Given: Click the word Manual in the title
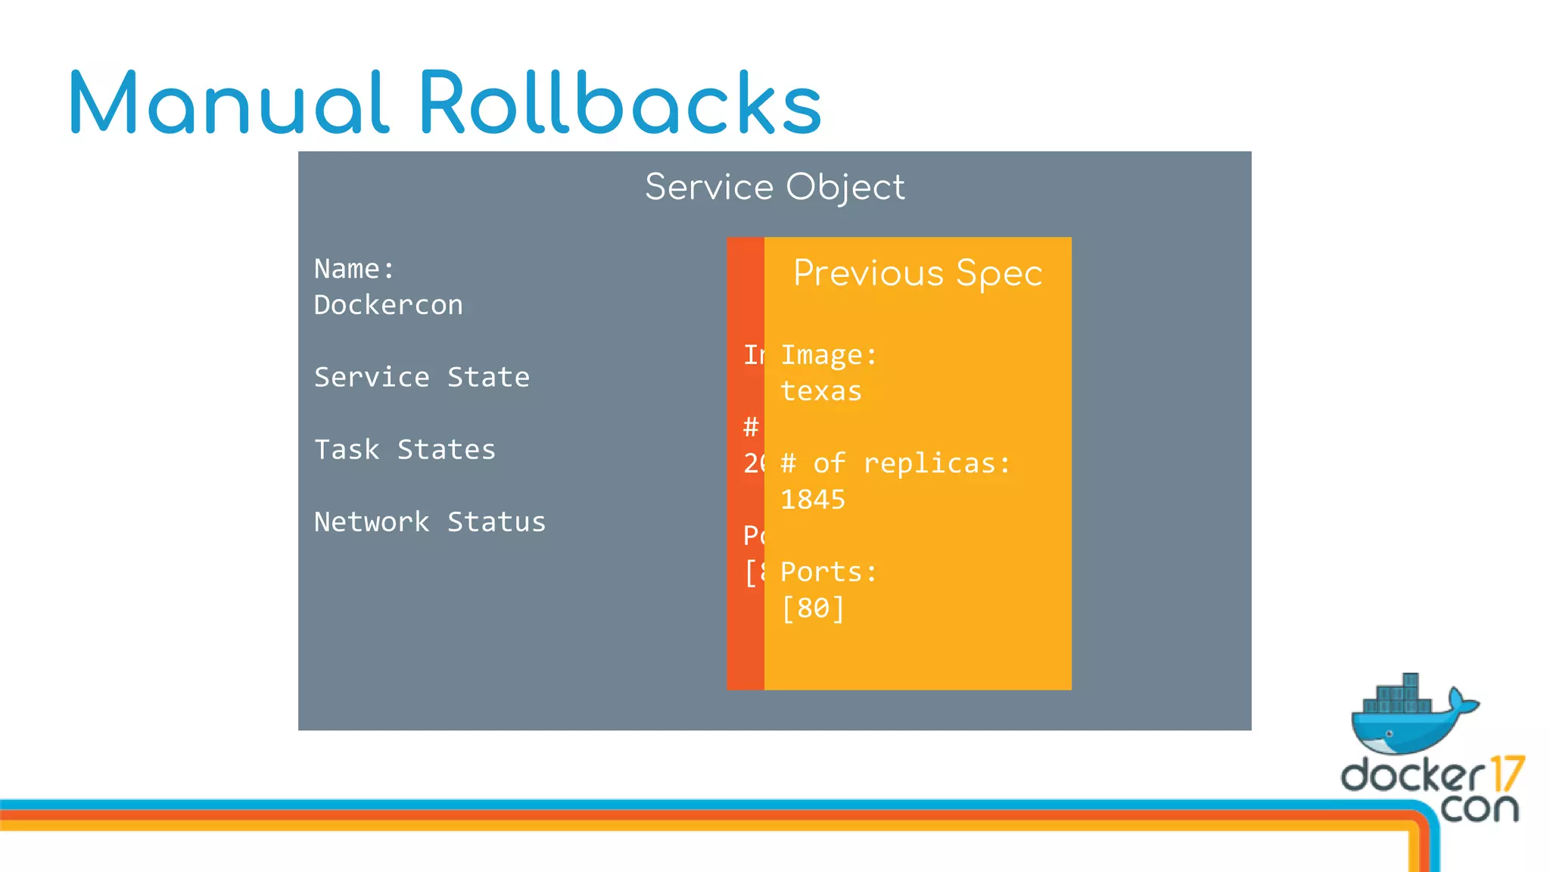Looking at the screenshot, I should coord(229,103).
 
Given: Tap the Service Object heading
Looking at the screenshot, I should coord(774,187).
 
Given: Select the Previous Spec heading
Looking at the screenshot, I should coord(917,273).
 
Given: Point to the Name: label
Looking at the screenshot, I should coord(354,269).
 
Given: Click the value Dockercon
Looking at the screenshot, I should coord(388,305).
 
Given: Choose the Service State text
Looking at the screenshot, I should coord(422,377).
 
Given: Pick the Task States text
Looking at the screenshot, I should coord(405,450).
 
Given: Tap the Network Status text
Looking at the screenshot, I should coord(430,522).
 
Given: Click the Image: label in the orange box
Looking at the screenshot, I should coord(829,355).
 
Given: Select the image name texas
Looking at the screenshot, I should coord(821,391).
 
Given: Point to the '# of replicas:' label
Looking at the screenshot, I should coord(895,463).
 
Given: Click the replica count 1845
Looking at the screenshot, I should coord(813,500).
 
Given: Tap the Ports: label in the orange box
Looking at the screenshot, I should coord(829,572).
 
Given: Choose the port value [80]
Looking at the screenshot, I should coord(813,609).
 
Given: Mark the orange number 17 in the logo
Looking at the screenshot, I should coord(1506,774).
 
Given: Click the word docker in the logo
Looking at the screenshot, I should coord(1412,775).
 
